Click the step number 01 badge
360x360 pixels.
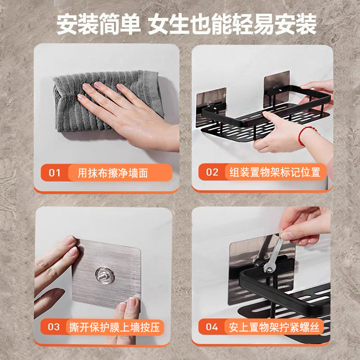pyautogui.click(x=54, y=172)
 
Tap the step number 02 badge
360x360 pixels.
pyautogui.click(x=211, y=172)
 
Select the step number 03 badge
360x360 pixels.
pyautogui.click(x=54, y=327)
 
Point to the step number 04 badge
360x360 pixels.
pyautogui.click(x=211, y=327)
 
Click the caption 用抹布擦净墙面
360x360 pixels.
pyautogui.click(x=112, y=173)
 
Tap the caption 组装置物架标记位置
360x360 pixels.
pyautogui.click(x=274, y=172)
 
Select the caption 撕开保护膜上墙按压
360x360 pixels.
pyautogui.click(x=115, y=327)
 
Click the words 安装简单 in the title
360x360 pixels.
pyautogui.click(x=98, y=25)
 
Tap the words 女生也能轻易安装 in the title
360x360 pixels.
pyautogui.click(x=233, y=25)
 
